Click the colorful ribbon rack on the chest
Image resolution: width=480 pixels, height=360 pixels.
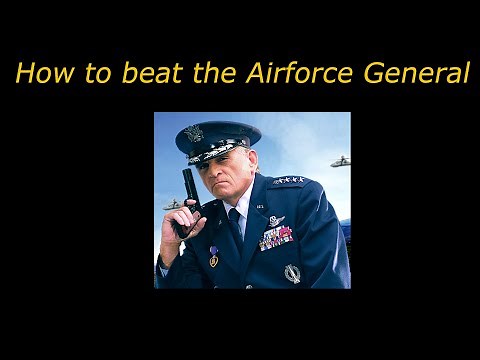tap(276, 237)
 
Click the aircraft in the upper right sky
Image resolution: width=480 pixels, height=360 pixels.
tap(341, 160)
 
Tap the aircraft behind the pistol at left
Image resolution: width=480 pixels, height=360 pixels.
tap(172, 204)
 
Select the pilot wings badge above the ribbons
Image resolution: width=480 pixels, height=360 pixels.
tap(276, 220)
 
